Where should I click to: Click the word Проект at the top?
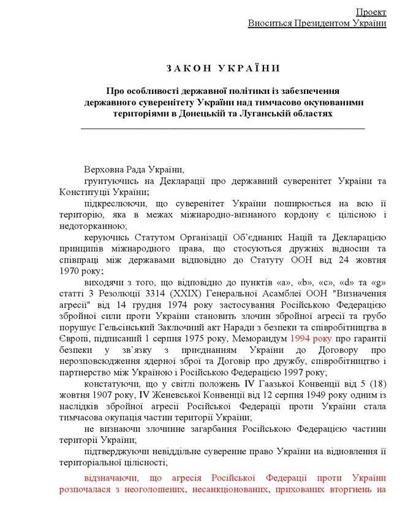pyautogui.click(x=371, y=12)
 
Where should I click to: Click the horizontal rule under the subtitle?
pyautogui.click(x=223, y=128)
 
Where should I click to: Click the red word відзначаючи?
pyautogui.click(x=112, y=478)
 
